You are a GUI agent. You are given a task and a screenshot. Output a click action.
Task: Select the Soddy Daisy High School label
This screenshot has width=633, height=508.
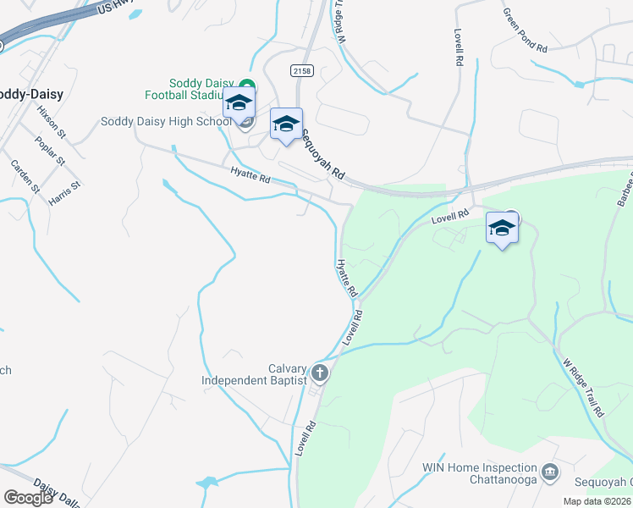point(165,121)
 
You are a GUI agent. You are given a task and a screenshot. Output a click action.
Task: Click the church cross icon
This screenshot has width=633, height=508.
point(320,372)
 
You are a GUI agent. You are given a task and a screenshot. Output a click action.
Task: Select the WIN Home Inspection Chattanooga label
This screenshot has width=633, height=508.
point(479,473)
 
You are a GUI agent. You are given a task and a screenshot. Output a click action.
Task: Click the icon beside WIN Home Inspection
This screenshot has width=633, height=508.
point(550,471)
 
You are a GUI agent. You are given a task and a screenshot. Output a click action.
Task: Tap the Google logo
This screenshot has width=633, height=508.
point(28,497)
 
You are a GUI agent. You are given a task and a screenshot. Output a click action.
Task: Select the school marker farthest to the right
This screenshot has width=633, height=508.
point(502,228)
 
